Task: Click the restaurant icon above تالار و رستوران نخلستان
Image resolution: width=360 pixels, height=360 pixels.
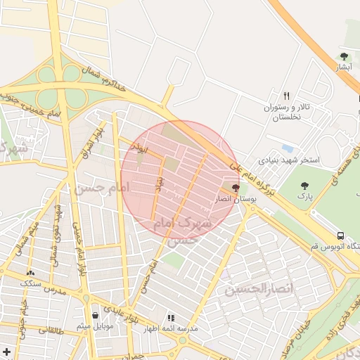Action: point(286,96)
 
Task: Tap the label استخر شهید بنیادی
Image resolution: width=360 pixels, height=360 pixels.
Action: point(289,160)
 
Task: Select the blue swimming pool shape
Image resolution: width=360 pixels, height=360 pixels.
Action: point(287,149)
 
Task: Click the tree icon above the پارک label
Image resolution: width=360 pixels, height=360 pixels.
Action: point(304,186)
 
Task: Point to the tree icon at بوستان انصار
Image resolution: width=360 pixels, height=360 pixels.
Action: point(235,188)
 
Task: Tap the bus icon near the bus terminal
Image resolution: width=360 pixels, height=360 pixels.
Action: point(341,236)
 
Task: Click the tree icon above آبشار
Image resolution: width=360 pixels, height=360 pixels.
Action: point(344,56)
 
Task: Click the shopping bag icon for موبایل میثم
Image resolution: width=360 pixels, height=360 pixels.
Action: point(95,315)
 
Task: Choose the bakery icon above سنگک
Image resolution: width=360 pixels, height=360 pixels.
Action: point(30,272)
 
